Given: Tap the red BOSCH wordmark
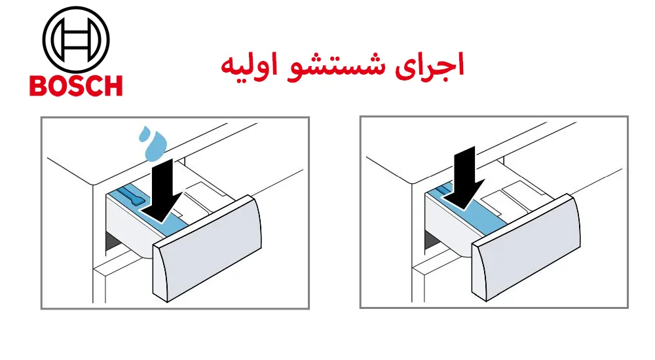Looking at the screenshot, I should click(75, 86).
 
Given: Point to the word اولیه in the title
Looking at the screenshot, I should click(250, 67).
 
